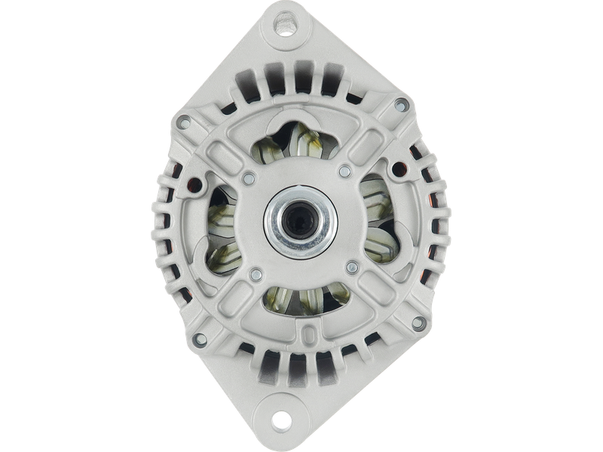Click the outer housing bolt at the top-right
(x=400, y=104)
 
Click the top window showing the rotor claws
(x=296, y=145)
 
